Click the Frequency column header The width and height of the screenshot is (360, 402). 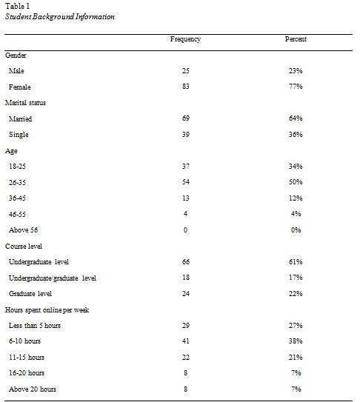click(185, 38)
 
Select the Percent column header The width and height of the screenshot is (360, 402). click(296, 38)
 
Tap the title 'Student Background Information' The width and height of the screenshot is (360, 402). click(59, 16)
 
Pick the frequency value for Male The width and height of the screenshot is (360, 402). click(185, 70)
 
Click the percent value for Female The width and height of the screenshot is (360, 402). click(296, 87)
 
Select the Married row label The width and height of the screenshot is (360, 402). click(21, 118)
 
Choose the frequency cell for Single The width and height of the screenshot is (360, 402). click(185, 134)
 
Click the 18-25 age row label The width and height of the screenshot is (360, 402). click(18, 166)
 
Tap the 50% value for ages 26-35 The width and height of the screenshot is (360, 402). click(296, 181)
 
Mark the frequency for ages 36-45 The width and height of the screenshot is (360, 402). click(185, 198)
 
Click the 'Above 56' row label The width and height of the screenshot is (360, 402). click(23, 230)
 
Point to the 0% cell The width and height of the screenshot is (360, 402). click(296, 230)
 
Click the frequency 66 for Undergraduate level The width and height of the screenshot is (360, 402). click(185, 261)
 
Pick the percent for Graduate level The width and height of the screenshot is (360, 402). click(296, 293)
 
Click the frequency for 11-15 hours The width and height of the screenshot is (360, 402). click(185, 357)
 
